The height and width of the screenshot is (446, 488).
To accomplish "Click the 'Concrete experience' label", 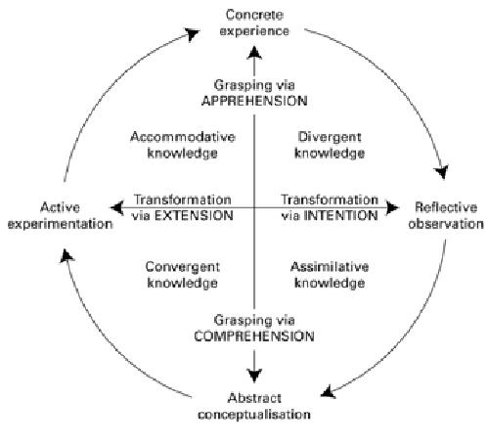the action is tap(254, 22).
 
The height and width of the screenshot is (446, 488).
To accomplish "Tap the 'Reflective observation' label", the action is tap(446, 215).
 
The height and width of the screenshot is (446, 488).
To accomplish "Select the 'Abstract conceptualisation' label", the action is tap(254, 406).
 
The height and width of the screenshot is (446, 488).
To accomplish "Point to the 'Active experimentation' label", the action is tap(60, 215).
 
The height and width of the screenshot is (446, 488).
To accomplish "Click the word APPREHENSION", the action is tap(254, 101).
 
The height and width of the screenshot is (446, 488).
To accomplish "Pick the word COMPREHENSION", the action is tap(254, 336).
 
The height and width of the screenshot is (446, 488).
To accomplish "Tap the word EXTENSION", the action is tap(194, 216).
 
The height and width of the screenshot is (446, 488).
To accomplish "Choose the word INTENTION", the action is tap(341, 216).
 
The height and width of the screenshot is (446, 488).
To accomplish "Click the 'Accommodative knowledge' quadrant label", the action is tap(183, 145).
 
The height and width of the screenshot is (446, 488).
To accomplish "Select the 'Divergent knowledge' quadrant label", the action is tap(330, 145).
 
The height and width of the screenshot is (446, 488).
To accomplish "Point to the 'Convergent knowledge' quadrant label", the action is tap(183, 275).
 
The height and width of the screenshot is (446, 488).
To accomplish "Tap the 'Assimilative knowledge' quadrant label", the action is tap(330, 275).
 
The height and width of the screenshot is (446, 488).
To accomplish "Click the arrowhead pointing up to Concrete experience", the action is tap(254, 53).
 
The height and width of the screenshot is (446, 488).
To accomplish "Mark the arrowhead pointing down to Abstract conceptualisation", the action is tap(254, 376).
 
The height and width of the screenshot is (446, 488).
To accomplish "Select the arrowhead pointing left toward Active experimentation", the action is tap(116, 207).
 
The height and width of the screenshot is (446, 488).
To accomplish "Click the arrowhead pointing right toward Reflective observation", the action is tap(392, 207).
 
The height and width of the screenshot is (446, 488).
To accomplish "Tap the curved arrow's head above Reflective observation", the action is tap(442, 171).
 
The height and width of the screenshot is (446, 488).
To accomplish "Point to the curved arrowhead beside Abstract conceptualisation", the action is tap(329, 392).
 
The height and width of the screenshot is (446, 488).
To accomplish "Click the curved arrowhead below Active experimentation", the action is tap(67, 256).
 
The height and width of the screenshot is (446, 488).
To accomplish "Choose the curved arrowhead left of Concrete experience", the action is tap(193, 34).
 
